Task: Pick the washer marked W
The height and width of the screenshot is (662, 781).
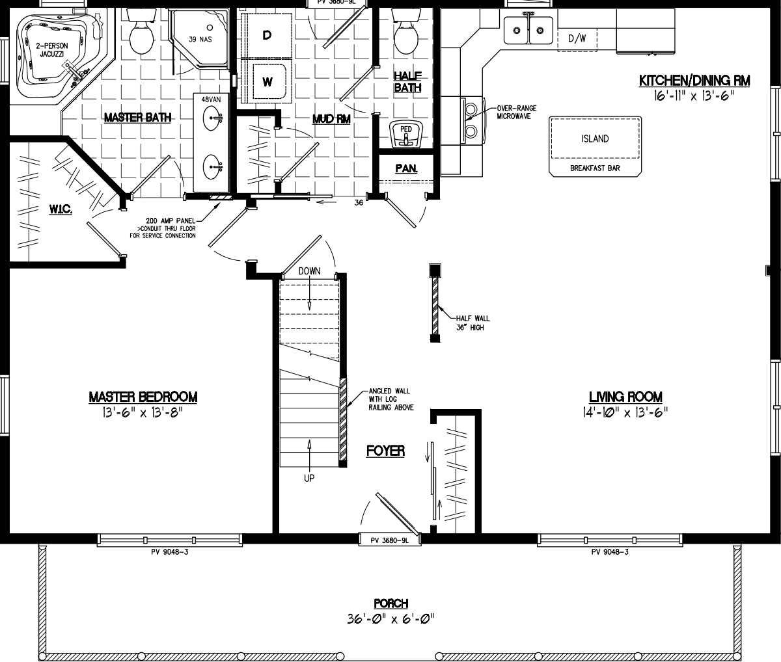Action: coord(267,81)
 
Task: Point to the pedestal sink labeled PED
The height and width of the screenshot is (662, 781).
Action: coord(406,133)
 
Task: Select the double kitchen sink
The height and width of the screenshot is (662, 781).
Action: coord(528,30)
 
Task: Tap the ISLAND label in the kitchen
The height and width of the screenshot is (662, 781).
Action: coord(595,139)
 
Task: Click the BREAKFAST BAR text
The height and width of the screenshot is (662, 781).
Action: coord(595,168)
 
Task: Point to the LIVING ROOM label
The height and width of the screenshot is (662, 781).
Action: coord(625,397)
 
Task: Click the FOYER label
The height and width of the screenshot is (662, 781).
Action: coord(385,451)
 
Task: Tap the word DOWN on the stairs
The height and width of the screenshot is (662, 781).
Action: coord(310,271)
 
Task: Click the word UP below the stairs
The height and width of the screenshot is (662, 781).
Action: coord(309,478)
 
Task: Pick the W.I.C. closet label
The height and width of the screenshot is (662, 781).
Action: coord(60,209)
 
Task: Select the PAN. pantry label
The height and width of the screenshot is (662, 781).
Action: coord(406,168)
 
